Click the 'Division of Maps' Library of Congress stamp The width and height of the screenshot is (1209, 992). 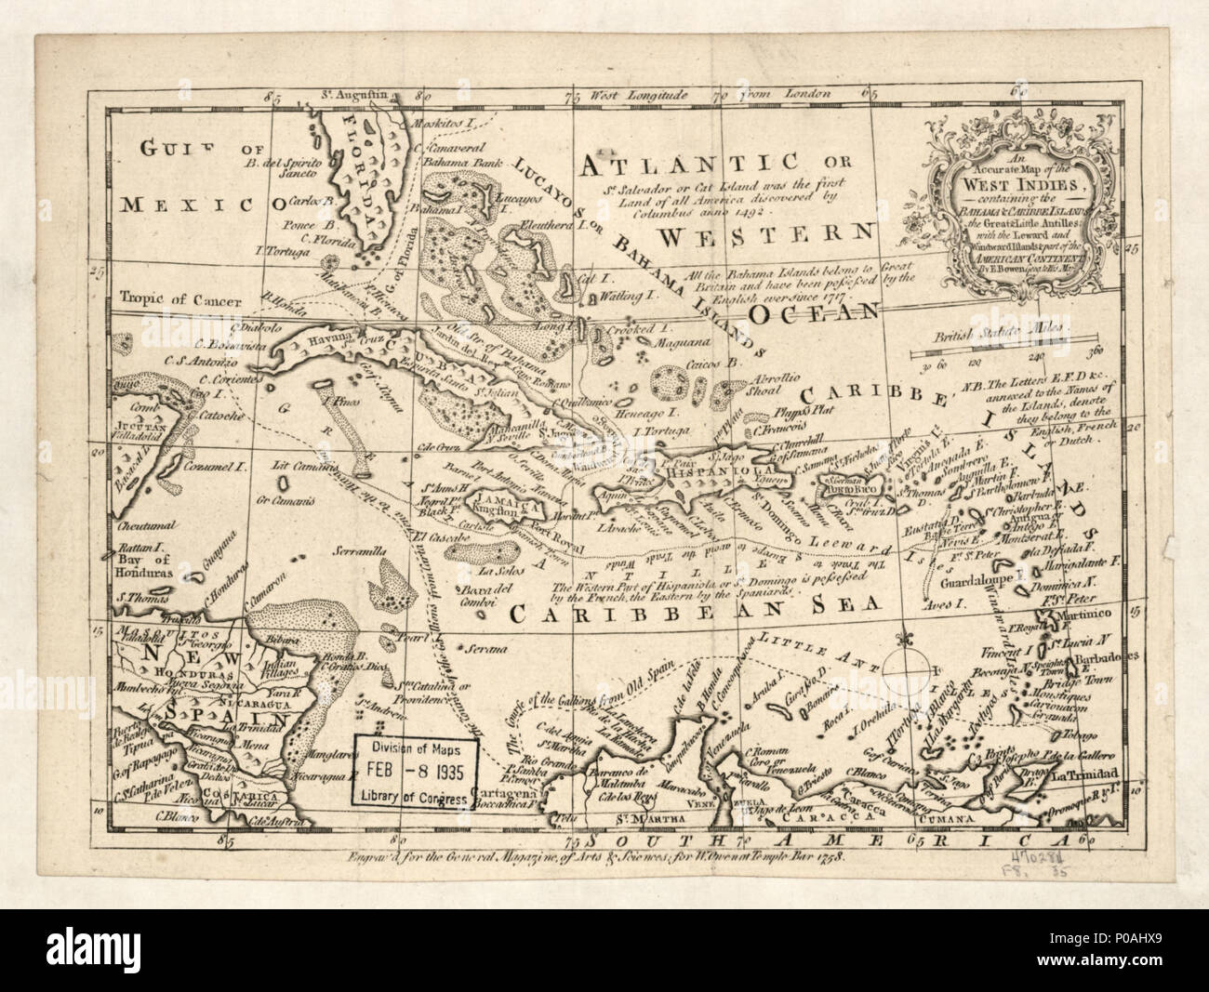coord(416,772)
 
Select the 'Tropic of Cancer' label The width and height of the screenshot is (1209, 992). coord(173,299)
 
